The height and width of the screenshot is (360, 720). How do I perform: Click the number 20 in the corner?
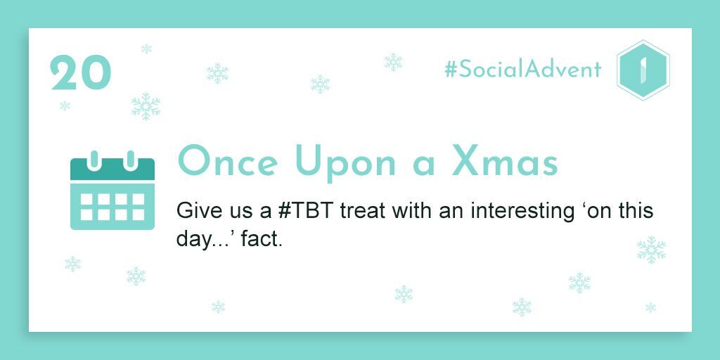pos(81,72)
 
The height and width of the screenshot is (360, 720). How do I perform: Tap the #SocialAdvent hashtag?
pos(522,70)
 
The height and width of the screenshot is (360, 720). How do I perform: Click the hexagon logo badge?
pos(643,70)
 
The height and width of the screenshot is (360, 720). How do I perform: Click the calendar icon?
pos(112,190)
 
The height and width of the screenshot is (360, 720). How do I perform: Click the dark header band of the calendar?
pos(112,169)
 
